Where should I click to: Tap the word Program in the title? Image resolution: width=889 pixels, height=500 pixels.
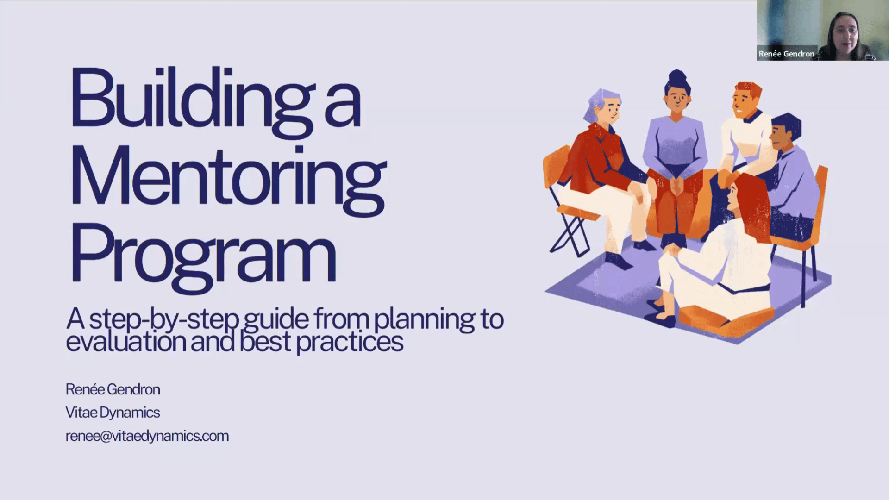[x=203, y=257]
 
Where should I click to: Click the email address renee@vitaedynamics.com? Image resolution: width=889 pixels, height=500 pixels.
[x=147, y=436]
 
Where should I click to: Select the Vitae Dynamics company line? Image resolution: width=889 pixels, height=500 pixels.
[x=113, y=412]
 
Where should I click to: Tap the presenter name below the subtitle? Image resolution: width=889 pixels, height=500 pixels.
[x=113, y=389]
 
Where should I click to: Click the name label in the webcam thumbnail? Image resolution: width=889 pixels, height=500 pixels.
[x=786, y=54]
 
